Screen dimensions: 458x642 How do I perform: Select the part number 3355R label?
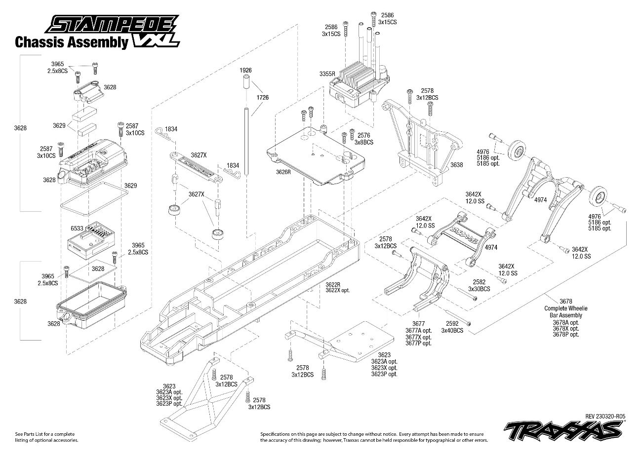327,74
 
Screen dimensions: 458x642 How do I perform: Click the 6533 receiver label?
78,229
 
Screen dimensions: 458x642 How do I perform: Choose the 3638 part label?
457,165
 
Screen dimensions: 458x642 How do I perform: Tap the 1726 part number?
263,98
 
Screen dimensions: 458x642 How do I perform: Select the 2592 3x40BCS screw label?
451,327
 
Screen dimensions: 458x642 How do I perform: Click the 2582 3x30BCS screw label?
479,286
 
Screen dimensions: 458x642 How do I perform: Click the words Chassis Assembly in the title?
71,42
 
